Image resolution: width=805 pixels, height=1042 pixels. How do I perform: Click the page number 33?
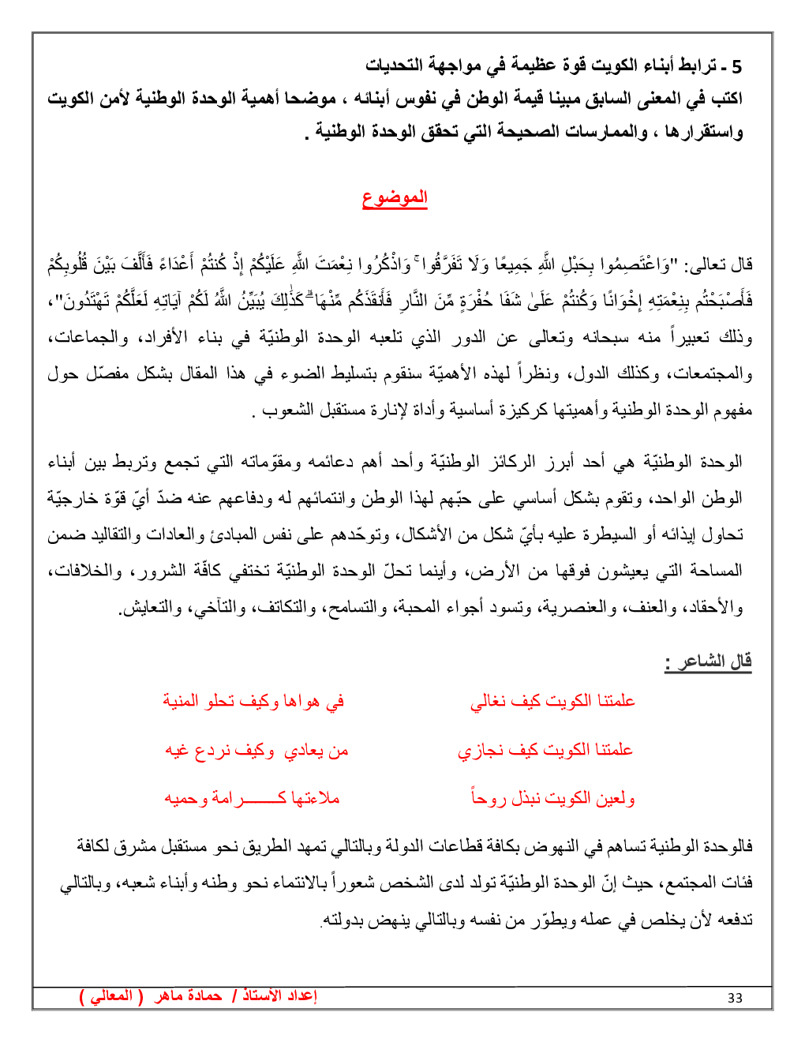click(735, 998)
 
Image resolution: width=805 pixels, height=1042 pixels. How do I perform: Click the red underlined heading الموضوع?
click(395, 197)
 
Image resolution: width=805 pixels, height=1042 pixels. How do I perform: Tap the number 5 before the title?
click(736, 66)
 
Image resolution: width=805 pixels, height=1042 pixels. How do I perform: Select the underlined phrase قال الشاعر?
click(709, 661)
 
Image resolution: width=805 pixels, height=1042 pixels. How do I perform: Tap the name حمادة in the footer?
click(204, 996)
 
